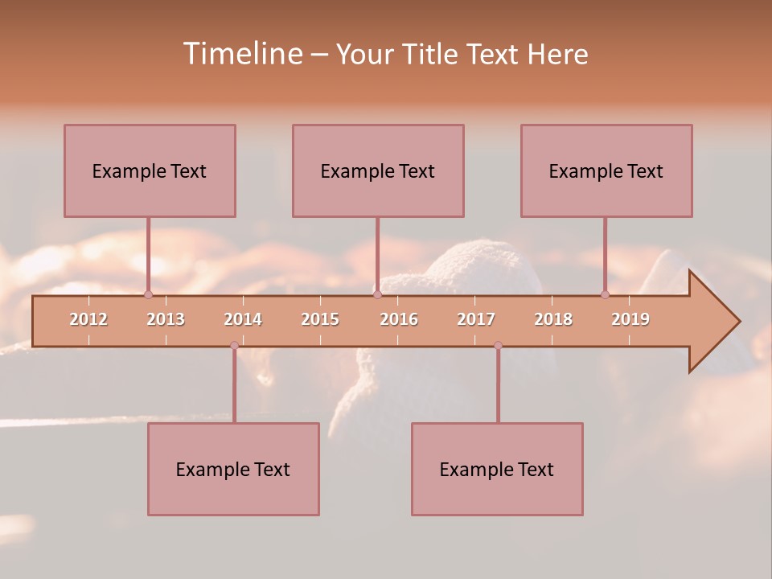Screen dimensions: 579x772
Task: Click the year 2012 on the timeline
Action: (x=88, y=319)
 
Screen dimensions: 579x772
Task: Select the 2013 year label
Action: (x=166, y=319)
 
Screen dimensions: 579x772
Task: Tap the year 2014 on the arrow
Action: (x=243, y=319)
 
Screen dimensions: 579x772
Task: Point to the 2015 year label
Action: (x=320, y=319)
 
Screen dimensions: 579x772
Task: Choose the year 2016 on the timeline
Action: (x=399, y=319)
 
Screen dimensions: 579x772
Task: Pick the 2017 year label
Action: (x=476, y=319)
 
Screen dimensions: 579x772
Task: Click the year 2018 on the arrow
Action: (x=553, y=319)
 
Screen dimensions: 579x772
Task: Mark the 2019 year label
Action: (x=630, y=319)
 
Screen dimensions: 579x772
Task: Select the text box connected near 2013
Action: (x=150, y=170)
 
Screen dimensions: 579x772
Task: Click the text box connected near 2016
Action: (x=378, y=170)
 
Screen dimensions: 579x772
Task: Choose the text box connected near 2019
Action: (x=606, y=170)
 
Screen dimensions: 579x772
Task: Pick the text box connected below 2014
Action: (x=233, y=469)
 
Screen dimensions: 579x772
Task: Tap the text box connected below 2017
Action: (x=497, y=469)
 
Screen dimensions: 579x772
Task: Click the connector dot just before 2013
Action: (x=148, y=295)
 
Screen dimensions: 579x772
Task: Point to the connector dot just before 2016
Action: (x=377, y=295)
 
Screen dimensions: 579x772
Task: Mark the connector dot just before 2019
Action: (x=605, y=295)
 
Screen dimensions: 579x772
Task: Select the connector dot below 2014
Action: (x=234, y=346)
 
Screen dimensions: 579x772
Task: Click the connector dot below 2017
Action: (x=498, y=346)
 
